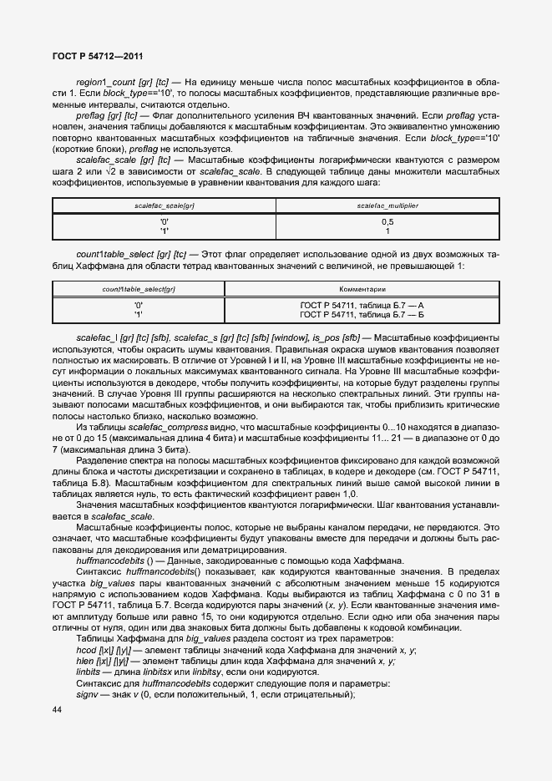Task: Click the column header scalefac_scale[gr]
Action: pyautogui.click(x=165, y=204)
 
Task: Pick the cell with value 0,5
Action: pyautogui.click(x=387, y=221)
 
